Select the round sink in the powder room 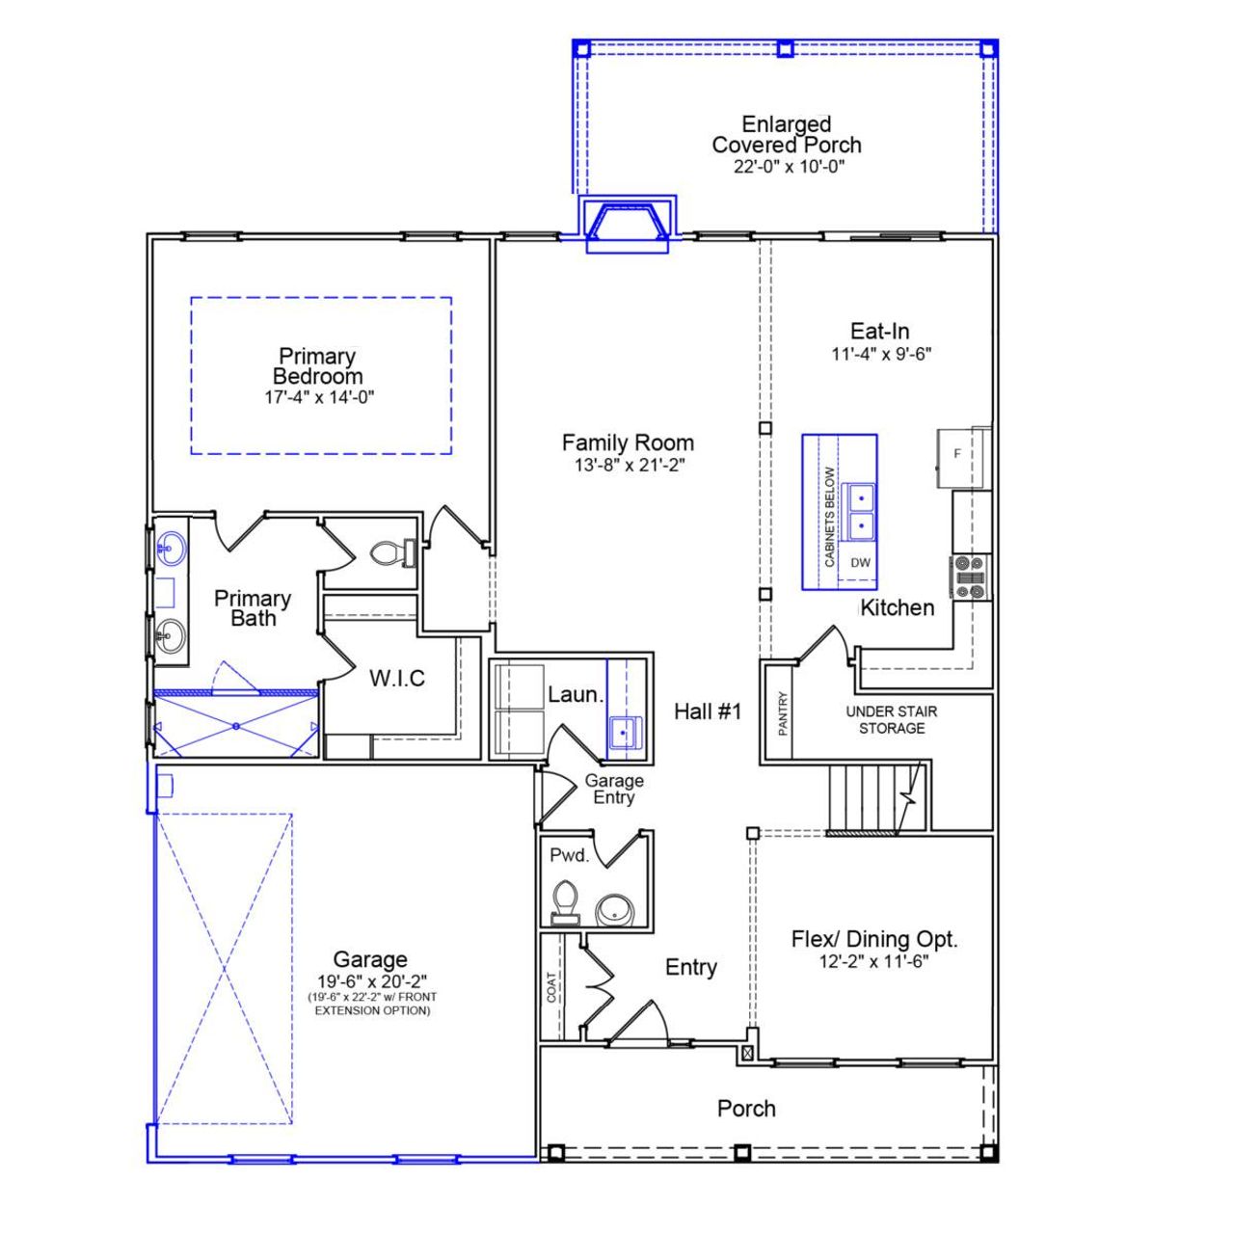pos(614,909)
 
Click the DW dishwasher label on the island pos(860,563)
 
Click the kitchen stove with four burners pos(970,577)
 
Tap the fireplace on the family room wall pos(627,225)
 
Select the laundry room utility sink pos(625,733)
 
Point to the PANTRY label pos(783,713)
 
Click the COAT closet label pos(551,987)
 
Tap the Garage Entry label pos(614,790)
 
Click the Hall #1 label pos(708,711)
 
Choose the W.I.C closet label pos(397,679)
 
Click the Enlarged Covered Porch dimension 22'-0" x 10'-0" pos(787,167)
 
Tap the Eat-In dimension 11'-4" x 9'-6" pos(881,354)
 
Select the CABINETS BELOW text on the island pos(830,517)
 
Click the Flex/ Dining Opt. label pos(874,939)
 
